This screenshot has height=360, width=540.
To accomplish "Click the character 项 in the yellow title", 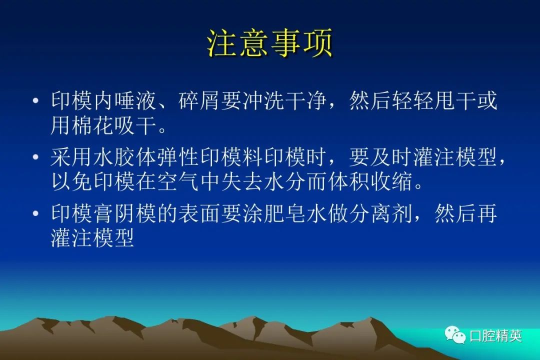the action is [318, 43].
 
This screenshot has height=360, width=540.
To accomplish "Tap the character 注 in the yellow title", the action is [222, 43].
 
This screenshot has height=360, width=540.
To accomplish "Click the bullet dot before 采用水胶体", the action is [35, 157].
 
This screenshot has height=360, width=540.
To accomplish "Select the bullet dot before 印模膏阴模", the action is [35, 213].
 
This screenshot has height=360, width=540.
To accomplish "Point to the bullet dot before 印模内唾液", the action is [35, 100].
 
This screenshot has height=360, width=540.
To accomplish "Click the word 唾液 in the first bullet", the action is [135, 100].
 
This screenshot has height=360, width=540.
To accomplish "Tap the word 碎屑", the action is [199, 100].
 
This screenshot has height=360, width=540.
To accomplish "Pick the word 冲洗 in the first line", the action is [263, 100].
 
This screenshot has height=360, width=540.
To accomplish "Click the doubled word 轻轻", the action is [412, 100].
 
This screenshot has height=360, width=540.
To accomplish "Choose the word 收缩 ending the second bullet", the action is [391, 181].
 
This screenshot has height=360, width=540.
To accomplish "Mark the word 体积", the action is [348, 181].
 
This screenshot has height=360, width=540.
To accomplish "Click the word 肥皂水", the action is [295, 213].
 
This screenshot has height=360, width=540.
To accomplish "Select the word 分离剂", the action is [380, 213].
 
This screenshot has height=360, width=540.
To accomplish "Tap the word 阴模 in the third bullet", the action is [135, 213].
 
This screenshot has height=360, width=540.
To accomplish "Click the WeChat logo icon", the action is [455, 335].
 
